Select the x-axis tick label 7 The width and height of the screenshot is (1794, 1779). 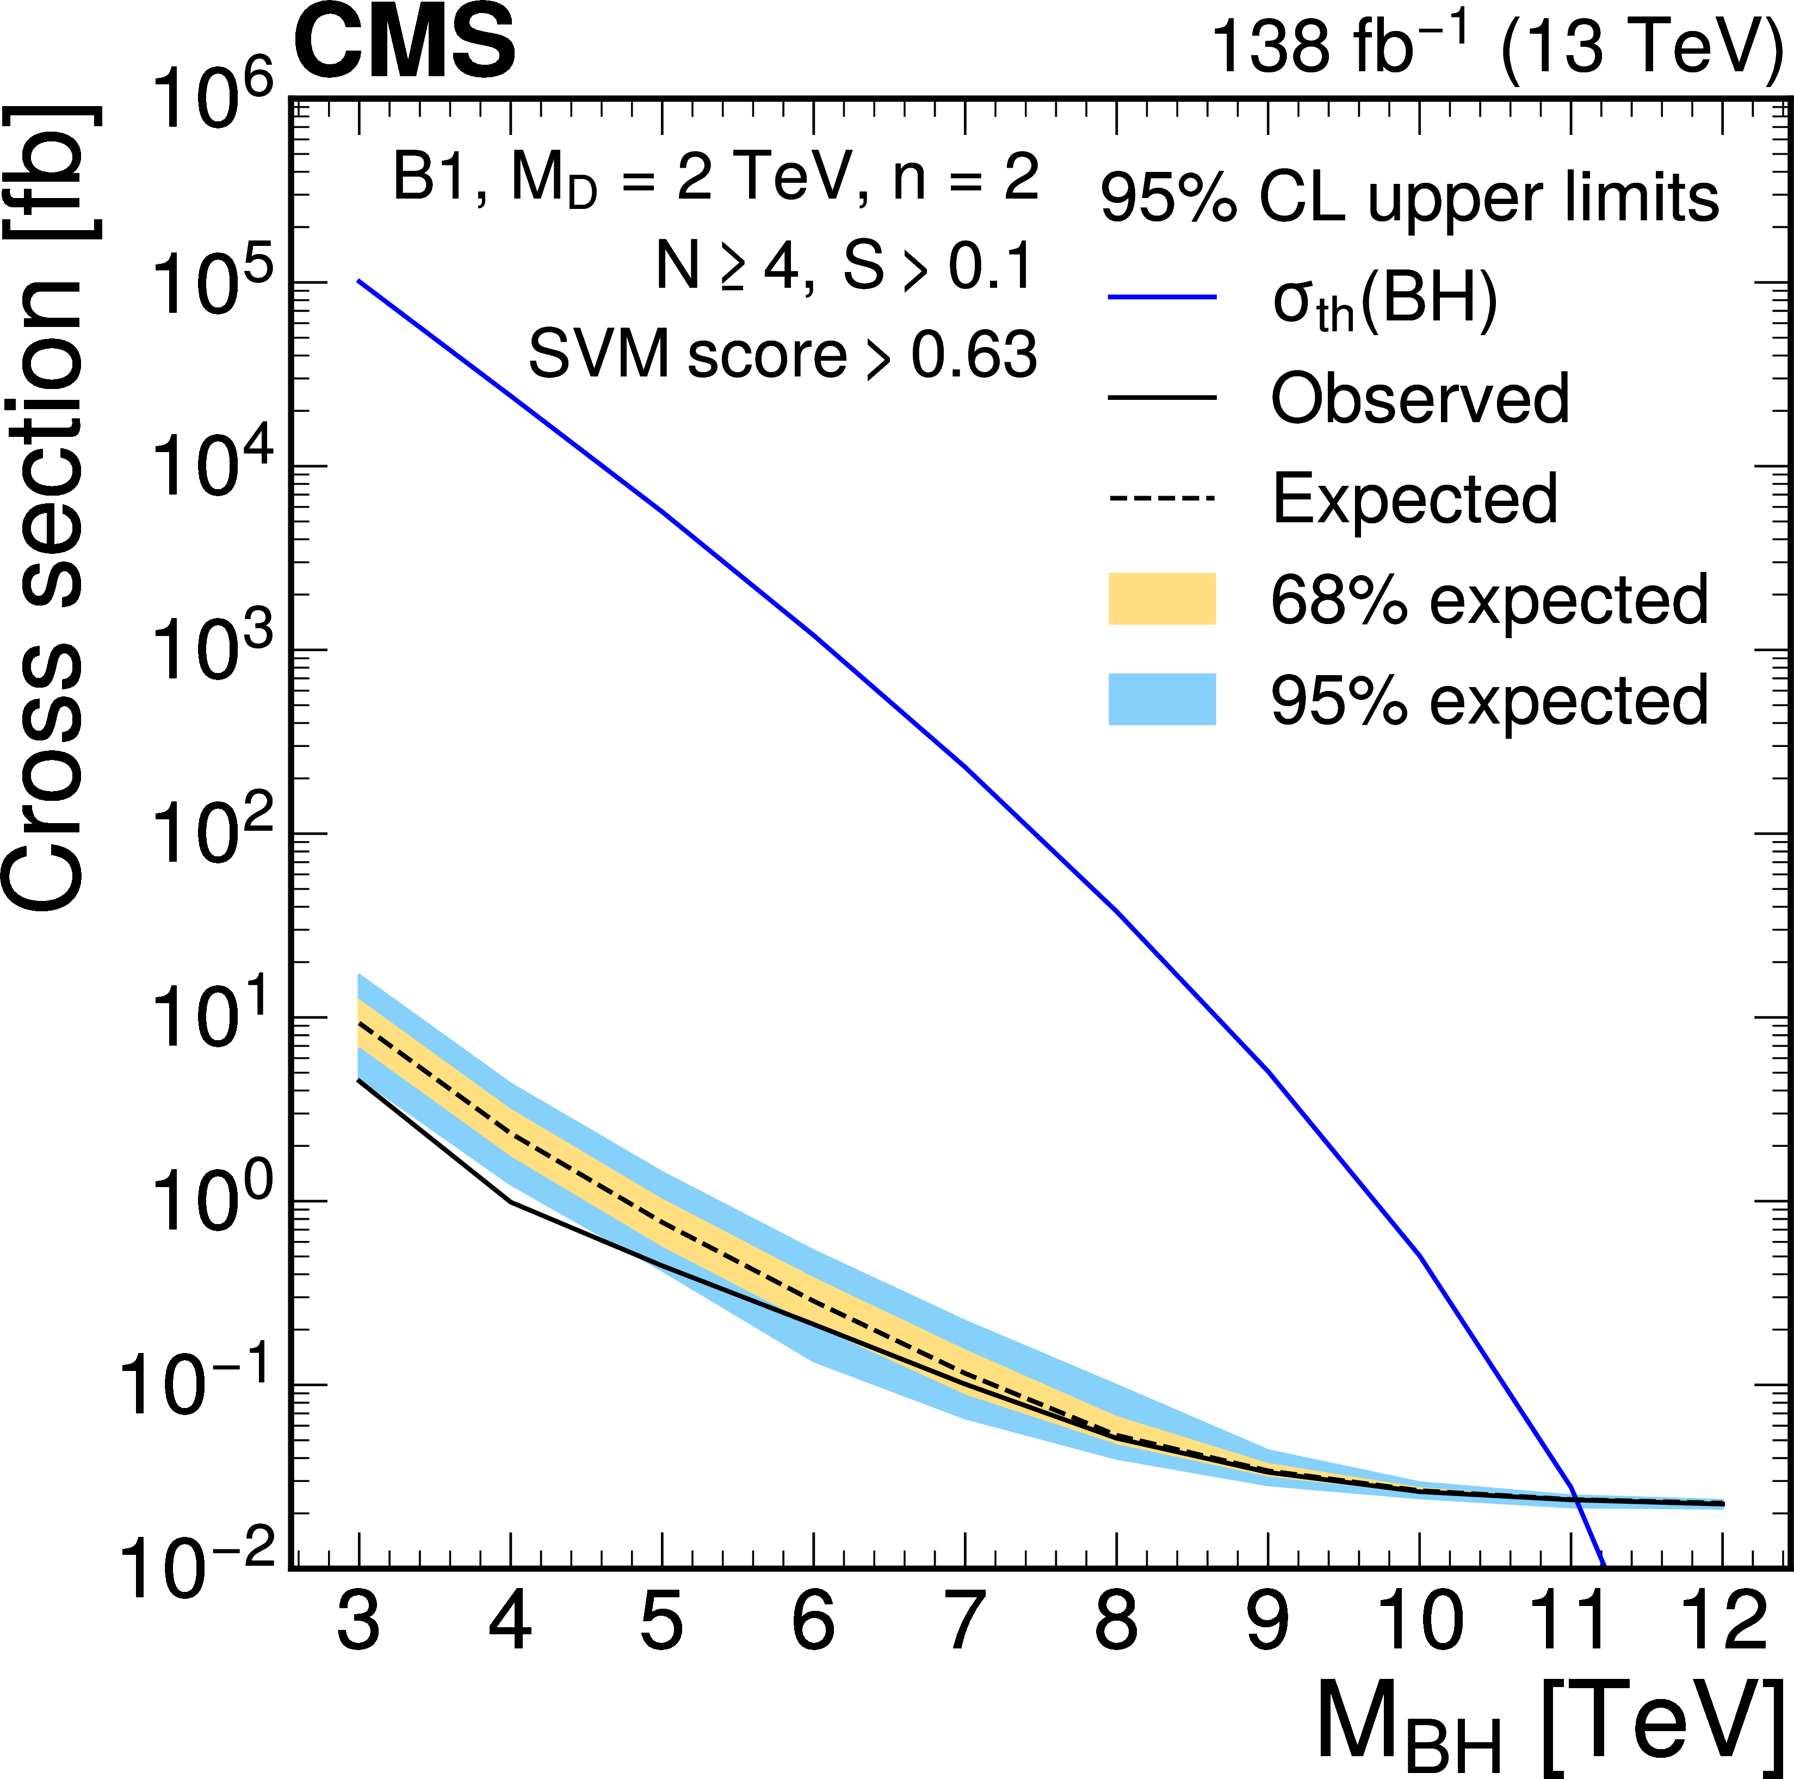click(x=966, y=1619)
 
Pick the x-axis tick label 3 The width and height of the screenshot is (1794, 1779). click(x=358, y=1619)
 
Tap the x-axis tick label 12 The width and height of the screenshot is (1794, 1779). click(x=1723, y=1619)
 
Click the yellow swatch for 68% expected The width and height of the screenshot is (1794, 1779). click(x=1162, y=599)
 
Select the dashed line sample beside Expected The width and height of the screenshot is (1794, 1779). click(x=1162, y=498)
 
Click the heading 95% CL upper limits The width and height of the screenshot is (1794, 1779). click(x=1409, y=198)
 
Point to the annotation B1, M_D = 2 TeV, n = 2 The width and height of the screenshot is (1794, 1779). click(x=715, y=178)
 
